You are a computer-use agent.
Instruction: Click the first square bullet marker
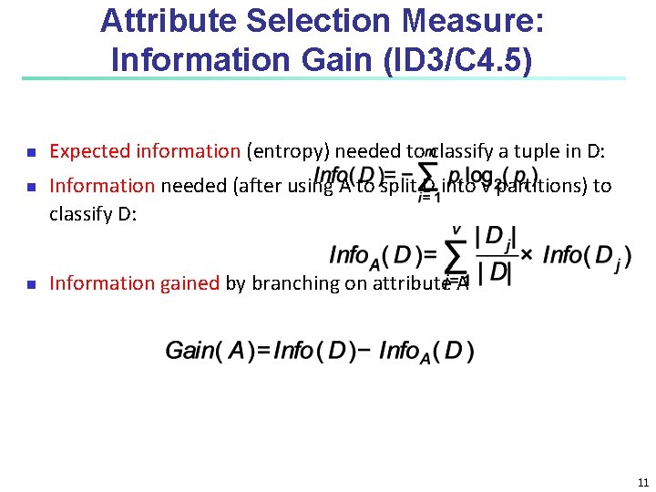30,152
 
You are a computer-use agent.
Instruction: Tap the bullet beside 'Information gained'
30,284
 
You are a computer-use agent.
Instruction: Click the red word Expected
88,151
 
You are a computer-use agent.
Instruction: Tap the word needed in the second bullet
193,186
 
